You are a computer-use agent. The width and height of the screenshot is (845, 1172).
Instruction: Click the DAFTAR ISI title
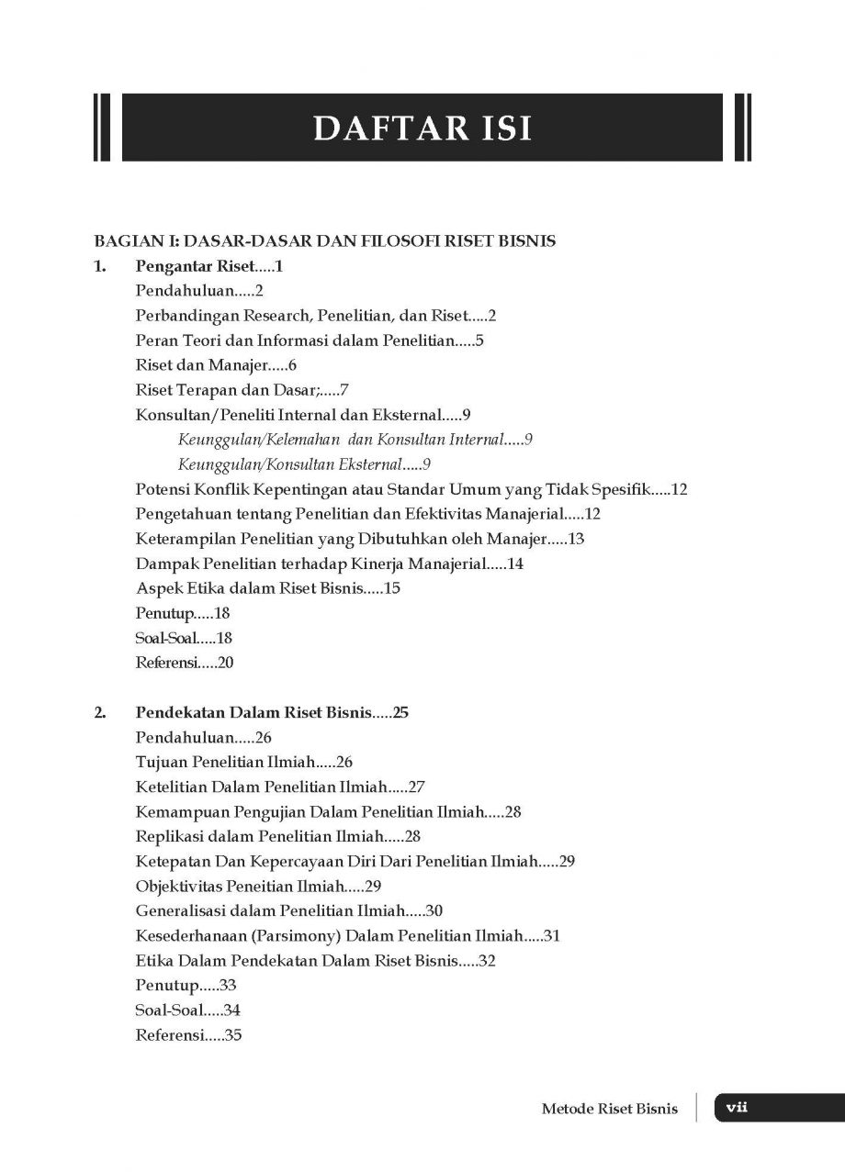[422, 128]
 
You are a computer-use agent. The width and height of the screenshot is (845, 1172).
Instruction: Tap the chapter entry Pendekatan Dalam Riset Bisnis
[253, 712]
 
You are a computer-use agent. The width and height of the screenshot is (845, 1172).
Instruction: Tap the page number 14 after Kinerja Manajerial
[515, 564]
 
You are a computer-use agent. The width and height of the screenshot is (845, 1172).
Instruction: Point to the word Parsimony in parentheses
[313, 936]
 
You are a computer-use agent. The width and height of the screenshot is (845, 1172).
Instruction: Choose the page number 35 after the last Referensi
[232, 1036]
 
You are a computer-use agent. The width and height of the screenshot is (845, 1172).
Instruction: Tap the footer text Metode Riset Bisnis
[610, 1109]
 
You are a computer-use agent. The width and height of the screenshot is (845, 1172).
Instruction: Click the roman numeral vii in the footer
[737, 1108]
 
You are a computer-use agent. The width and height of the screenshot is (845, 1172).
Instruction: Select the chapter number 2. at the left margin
[101, 712]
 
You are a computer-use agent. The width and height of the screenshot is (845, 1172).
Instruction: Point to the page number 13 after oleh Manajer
[577, 539]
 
